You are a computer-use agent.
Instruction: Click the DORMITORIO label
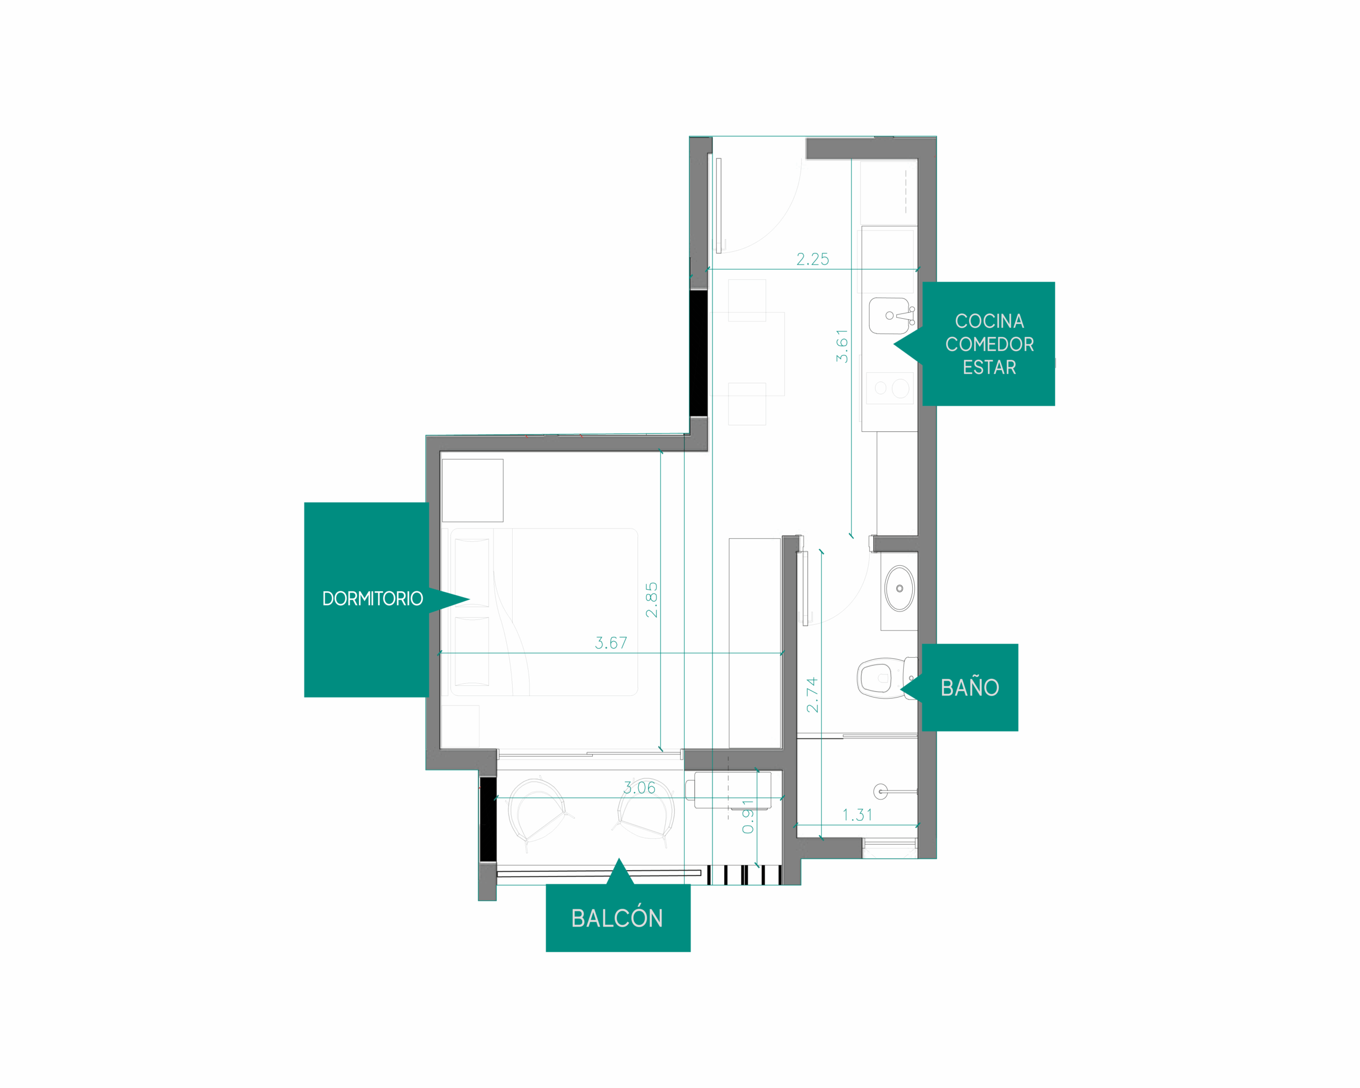372,599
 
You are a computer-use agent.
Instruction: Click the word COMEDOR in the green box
989,344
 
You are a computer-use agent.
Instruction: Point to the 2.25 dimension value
812,259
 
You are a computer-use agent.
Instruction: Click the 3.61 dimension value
842,346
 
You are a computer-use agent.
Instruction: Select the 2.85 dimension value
652,600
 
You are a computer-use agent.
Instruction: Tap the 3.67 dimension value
610,643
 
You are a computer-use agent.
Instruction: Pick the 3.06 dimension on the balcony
639,788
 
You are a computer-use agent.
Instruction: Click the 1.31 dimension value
857,815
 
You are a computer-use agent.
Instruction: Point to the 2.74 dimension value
812,695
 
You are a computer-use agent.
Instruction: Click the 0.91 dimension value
747,816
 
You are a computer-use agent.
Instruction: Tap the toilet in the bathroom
886,678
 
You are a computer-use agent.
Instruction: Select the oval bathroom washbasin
899,589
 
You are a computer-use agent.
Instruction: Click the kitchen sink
891,316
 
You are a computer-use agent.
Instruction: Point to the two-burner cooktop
889,388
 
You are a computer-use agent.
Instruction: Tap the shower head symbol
881,791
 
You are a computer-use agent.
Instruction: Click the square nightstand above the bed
472,490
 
